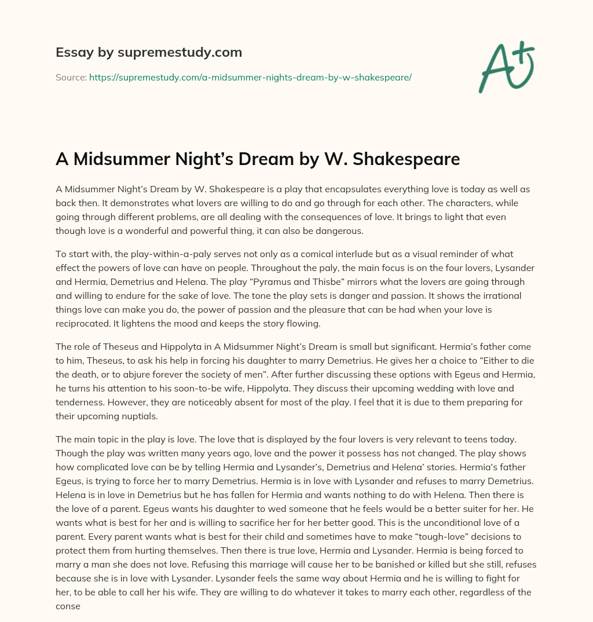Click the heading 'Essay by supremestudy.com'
149,53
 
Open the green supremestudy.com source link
250,77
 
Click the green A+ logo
506,67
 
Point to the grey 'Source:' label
71,77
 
